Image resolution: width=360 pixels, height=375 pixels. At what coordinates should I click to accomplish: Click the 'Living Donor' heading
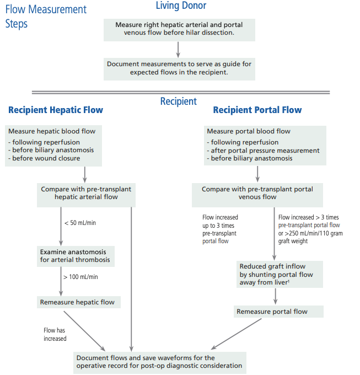(x=181, y=6)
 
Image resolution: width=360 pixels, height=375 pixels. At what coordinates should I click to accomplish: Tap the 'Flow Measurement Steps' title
(x=46, y=17)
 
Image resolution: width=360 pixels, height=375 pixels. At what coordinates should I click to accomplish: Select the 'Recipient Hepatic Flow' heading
(x=56, y=110)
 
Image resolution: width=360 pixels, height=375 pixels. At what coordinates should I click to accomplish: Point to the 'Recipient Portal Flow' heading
(x=257, y=110)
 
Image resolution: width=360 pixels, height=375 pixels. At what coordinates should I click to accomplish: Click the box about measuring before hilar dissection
(x=179, y=30)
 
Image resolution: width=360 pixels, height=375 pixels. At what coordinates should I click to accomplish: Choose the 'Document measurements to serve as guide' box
(x=179, y=69)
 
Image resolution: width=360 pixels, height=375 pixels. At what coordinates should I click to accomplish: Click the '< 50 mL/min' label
(x=80, y=223)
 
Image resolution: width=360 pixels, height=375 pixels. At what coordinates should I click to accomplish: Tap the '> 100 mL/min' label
(x=80, y=277)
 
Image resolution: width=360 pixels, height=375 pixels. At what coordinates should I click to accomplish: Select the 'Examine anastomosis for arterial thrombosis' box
(x=76, y=256)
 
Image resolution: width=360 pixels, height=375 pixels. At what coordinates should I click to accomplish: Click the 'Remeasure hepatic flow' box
(x=79, y=302)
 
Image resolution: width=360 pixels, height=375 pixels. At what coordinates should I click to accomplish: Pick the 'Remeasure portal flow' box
(x=278, y=312)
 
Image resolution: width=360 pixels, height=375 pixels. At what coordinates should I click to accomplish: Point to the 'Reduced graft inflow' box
(x=280, y=274)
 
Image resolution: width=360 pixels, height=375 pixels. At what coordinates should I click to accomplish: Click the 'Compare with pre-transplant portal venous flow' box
(x=257, y=195)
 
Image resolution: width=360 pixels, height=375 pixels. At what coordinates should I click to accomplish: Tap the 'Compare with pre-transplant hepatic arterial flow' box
(x=86, y=195)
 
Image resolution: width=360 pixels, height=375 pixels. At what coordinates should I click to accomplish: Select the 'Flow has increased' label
(x=55, y=334)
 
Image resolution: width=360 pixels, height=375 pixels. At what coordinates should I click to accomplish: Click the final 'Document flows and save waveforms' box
(x=160, y=362)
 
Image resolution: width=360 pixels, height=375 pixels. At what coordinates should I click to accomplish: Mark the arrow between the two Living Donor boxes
(x=178, y=50)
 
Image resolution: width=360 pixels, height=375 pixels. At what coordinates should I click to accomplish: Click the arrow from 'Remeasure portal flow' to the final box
(x=236, y=334)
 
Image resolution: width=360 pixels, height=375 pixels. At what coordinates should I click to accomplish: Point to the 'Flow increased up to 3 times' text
(x=220, y=229)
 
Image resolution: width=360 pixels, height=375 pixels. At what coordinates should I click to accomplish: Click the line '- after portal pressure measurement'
(x=263, y=151)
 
